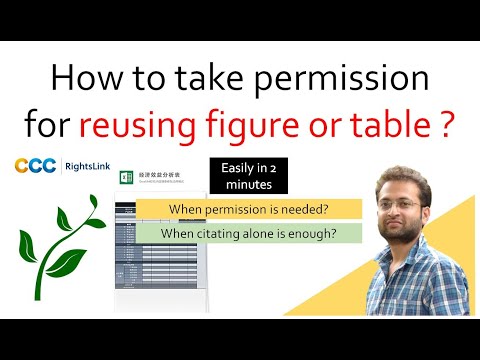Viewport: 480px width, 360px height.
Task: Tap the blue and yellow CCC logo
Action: (x=35, y=166)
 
